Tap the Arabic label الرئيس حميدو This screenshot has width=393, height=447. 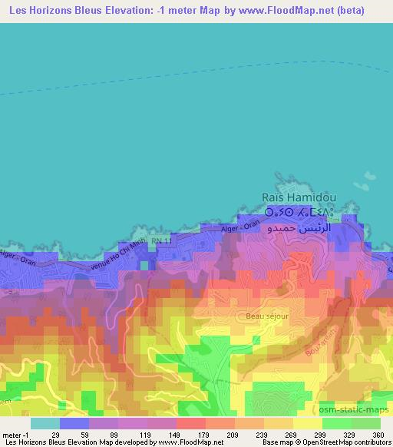click(299, 228)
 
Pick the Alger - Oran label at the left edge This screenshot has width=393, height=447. click(17, 258)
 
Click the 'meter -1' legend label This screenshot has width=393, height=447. click(17, 435)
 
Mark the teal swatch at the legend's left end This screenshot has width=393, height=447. click(45, 422)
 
